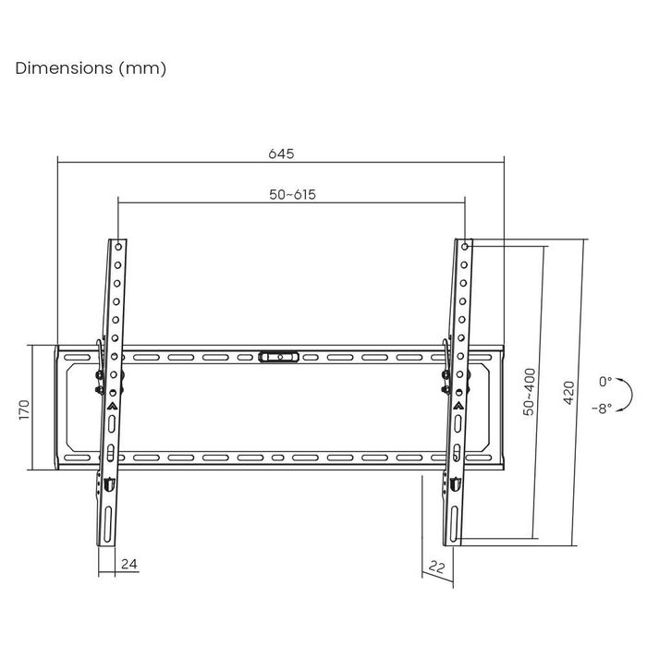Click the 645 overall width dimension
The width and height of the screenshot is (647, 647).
pyautogui.click(x=281, y=154)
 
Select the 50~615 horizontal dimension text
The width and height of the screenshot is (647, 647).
pyautogui.click(x=293, y=194)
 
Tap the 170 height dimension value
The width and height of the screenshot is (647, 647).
pyautogui.click(x=25, y=409)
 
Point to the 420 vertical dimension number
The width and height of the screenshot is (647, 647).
pyautogui.click(x=569, y=393)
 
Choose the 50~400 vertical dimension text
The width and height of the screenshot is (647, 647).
pyautogui.click(x=529, y=392)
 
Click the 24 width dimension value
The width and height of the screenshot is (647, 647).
pyautogui.click(x=129, y=564)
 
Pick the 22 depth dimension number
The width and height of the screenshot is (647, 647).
pyautogui.click(x=436, y=567)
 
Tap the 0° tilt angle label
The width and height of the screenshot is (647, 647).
pyautogui.click(x=605, y=382)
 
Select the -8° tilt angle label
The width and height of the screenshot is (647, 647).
pyautogui.click(x=603, y=409)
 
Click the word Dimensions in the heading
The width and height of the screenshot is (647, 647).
pyautogui.click(x=64, y=68)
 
